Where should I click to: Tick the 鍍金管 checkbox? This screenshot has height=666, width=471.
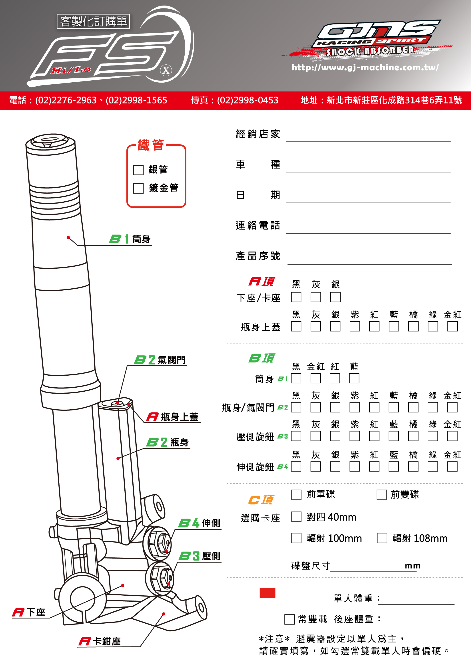click(138, 188)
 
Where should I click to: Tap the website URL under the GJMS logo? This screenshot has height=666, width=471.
click(365, 67)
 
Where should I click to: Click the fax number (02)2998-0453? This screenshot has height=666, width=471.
click(247, 100)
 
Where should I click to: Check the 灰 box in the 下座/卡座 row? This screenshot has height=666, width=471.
click(315, 297)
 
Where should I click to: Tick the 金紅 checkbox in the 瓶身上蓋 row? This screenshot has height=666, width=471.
click(452, 326)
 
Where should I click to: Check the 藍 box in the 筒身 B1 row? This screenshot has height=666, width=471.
click(354, 378)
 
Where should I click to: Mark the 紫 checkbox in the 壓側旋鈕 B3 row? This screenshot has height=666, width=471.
click(354, 436)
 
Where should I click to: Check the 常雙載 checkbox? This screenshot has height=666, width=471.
click(289, 619)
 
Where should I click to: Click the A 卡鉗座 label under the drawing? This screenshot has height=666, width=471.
click(100, 641)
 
